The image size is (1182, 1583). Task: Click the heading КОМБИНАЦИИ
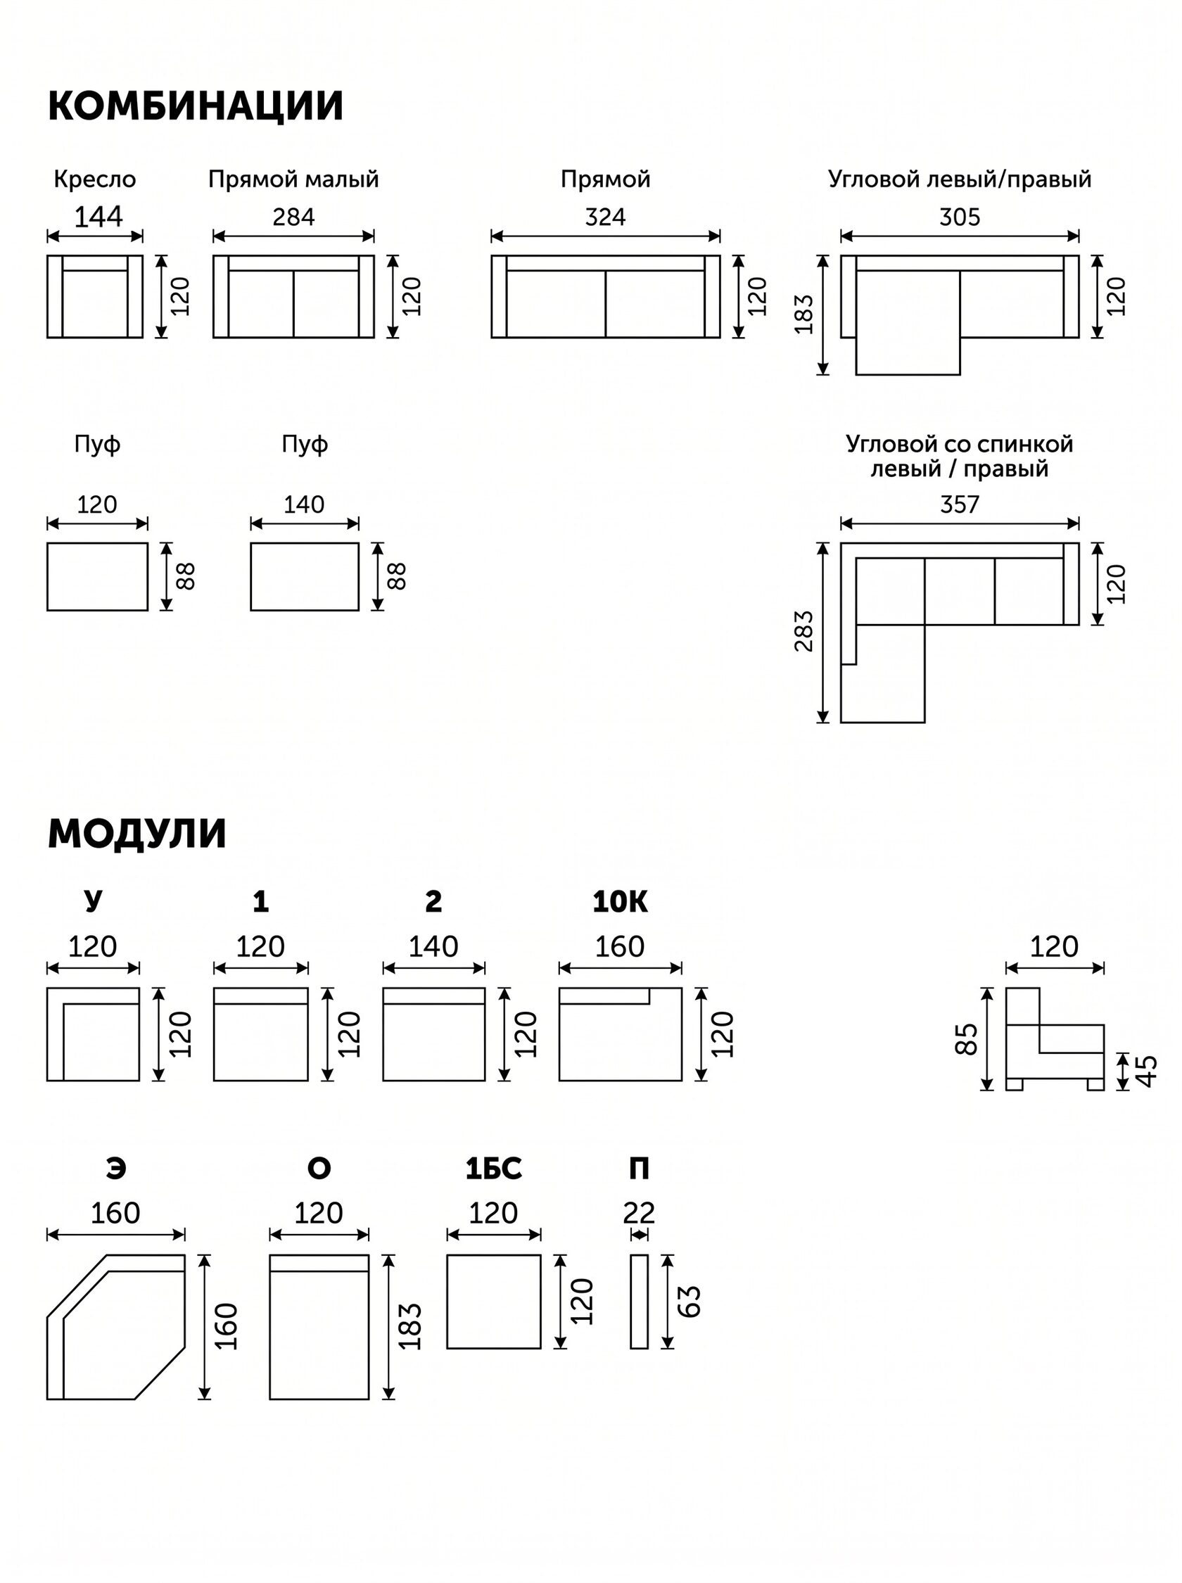click(196, 106)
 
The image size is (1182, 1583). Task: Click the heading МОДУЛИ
click(136, 833)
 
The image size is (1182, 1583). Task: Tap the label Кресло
click(94, 179)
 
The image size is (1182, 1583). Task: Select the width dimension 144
click(98, 217)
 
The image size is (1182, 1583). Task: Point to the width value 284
click(293, 217)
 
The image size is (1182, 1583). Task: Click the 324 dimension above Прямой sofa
click(605, 217)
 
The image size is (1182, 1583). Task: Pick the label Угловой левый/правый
click(960, 179)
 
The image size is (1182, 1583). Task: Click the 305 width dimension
click(960, 217)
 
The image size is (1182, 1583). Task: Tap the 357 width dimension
click(960, 504)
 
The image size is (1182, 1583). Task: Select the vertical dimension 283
click(804, 631)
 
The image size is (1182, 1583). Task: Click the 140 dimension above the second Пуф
click(304, 504)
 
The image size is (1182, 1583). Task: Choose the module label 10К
click(620, 902)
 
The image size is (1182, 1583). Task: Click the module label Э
click(116, 1168)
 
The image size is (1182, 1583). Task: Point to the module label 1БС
click(494, 1168)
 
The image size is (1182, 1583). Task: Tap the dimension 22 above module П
click(639, 1212)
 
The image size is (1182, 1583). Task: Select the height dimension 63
click(688, 1301)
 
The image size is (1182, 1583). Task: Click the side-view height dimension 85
click(966, 1038)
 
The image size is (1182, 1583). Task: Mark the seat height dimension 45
click(1146, 1072)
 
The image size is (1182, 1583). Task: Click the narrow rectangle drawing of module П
click(639, 1301)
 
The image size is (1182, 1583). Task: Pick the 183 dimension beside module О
click(410, 1326)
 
